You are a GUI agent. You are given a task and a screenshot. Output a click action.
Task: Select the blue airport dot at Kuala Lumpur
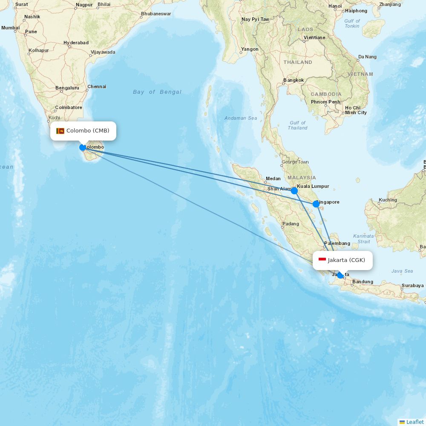pos(294,191)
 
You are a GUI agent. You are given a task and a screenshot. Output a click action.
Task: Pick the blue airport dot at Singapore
pos(316,204)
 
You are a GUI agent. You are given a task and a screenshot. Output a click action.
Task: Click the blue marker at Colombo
pos(83,147)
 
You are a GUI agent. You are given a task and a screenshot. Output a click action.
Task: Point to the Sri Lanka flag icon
pos(60,131)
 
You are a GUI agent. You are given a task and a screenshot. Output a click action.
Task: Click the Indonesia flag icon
pos(322,260)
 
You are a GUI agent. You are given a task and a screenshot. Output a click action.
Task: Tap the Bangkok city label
pos(294,80)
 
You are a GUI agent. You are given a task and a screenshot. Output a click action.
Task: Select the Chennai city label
pos(97,86)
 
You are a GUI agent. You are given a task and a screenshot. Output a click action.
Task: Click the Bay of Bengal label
pos(157,92)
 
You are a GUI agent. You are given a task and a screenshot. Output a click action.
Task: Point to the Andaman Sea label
pos(241,118)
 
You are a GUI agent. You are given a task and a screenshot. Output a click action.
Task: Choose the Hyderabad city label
pos(76,43)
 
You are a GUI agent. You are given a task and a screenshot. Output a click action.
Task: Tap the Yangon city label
pos(250,49)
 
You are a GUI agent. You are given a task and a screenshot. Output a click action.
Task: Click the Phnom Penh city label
pos(325,102)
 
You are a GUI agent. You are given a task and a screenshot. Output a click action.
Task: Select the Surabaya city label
pos(412,285)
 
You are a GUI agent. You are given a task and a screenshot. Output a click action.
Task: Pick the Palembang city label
pos(337,244)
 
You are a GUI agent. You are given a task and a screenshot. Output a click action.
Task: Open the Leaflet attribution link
pos(414,422)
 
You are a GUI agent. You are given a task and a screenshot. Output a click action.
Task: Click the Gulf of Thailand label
pos(297,125)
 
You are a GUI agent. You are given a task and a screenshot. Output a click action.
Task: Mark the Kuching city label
pos(388,200)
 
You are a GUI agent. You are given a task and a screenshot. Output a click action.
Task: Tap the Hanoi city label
pos(335,6)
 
